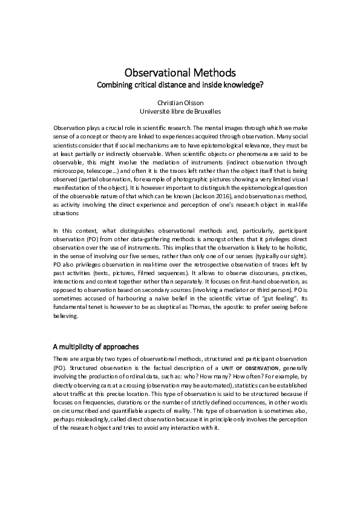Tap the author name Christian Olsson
(180, 103)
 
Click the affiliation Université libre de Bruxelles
(180, 112)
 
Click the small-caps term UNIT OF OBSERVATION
(247, 368)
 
